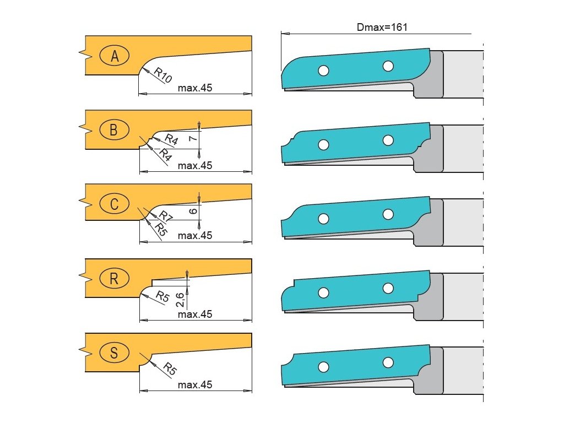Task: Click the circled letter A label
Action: (115, 56)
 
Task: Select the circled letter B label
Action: (114, 130)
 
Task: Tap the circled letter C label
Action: (114, 204)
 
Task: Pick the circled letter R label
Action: (114, 279)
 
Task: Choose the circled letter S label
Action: (114, 352)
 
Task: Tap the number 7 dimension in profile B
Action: (192, 139)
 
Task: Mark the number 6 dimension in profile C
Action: (192, 211)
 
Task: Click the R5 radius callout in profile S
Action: (170, 368)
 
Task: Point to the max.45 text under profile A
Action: (195, 88)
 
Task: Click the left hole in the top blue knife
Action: (323, 70)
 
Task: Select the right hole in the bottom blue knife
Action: (388, 362)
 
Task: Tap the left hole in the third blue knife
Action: (323, 219)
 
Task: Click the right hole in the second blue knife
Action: (388, 140)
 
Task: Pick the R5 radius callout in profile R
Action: (162, 296)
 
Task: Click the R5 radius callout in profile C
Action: (160, 227)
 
